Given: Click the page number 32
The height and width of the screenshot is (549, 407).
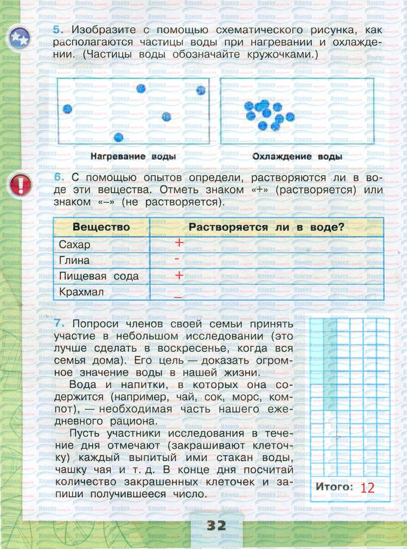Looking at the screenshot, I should tap(216, 526).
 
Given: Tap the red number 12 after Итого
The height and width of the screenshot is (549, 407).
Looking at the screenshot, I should tap(367, 488).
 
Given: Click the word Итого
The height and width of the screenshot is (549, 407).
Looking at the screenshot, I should tap(334, 486).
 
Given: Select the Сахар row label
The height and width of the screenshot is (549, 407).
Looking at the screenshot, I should tap(75, 245).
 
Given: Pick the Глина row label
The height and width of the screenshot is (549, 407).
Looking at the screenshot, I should tap(74, 260).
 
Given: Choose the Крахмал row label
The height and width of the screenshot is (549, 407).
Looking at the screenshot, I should tap(81, 292).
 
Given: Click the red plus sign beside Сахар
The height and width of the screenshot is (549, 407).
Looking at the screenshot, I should tap(179, 243).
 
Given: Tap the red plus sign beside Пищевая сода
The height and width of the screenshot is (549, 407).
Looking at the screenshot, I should tap(179, 276).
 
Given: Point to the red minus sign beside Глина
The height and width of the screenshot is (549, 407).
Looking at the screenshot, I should tap(176, 259).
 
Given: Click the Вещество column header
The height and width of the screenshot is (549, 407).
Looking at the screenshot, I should tap(101, 227).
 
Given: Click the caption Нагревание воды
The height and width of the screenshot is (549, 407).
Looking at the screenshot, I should tap(133, 157).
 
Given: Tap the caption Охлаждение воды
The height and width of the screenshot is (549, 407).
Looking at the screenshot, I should tap(297, 157).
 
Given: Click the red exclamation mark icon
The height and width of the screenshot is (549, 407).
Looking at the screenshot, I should tap(20, 185).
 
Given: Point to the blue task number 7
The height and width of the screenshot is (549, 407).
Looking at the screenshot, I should tap(57, 324).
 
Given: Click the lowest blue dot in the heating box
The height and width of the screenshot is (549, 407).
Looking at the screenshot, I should tap(119, 137).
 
